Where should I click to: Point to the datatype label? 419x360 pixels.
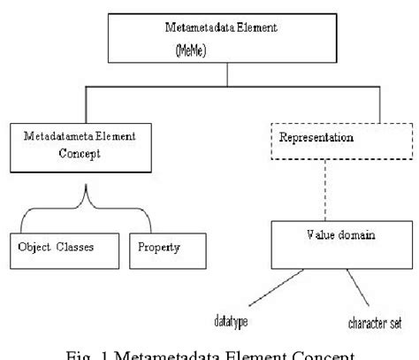point(228,318)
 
